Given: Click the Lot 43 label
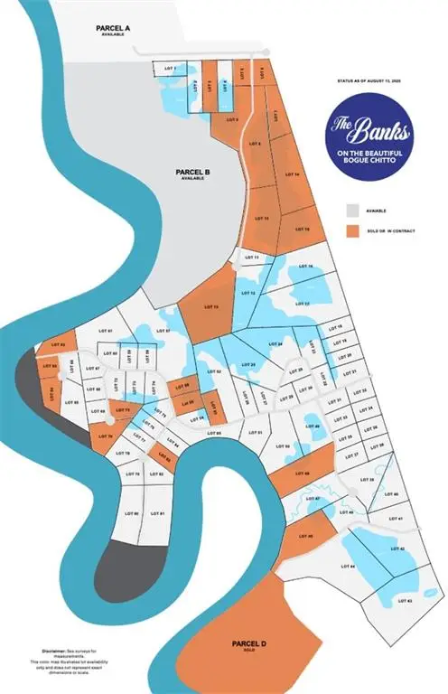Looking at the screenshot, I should click(x=404, y=600).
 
